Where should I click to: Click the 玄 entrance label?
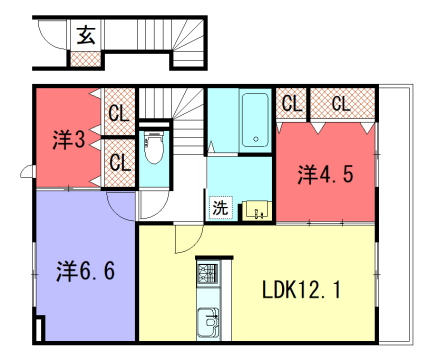[x=85, y=36]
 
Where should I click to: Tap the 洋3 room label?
[x=68, y=139]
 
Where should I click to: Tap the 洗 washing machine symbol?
[x=219, y=209]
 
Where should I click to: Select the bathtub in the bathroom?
[x=254, y=122]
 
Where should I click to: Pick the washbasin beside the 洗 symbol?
[x=257, y=209]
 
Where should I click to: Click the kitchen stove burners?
[x=208, y=274]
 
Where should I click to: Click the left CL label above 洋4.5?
[x=291, y=103]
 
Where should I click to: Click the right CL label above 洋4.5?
[x=340, y=103]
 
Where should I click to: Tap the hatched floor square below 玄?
[x=84, y=58]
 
